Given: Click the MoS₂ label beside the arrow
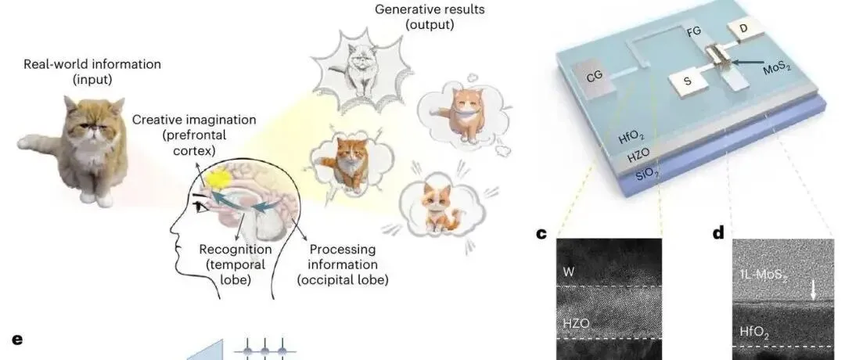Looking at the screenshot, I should (x=782, y=71).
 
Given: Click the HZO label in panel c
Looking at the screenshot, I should (x=576, y=322).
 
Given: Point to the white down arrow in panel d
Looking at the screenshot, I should (x=814, y=290).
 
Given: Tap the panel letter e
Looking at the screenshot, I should (x=17, y=340).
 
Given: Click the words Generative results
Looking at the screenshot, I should (x=418, y=11).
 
